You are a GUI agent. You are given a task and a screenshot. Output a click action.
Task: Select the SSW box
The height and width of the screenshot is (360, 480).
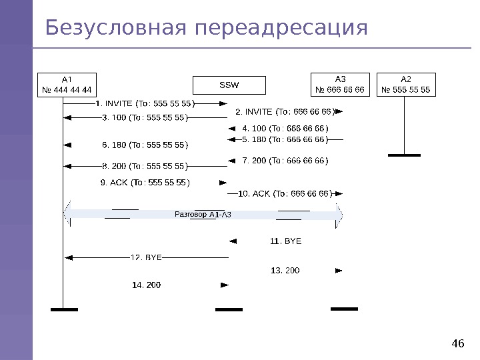pyautogui.click(x=229, y=85)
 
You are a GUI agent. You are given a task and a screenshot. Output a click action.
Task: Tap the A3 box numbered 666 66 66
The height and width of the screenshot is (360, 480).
pyautogui.click(x=340, y=84)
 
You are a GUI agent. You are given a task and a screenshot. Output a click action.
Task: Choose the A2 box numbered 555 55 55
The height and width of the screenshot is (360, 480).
pyautogui.click(x=405, y=84)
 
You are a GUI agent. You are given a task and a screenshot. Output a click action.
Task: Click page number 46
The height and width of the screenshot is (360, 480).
pyautogui.click(x=457, y=344)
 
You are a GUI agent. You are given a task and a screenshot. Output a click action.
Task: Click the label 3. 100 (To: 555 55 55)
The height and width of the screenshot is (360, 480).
pyautogui.click(x=145, y=118)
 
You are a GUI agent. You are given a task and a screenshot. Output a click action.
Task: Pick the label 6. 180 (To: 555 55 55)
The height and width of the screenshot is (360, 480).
pyautogui.click(x=145, y=145)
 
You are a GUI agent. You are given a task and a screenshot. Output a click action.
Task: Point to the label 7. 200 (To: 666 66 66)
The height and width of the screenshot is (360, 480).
pyautogui.click(x=285, y=161)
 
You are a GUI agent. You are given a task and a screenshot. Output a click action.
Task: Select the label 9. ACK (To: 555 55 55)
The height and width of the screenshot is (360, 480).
pyautogui.click(x=145, y=182)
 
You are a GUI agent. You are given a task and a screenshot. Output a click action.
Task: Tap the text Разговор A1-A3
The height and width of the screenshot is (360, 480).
pyautogui.click(x=203, y=215)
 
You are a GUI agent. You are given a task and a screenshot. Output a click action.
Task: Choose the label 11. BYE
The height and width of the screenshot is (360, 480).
pyautogui.click(x=285, y=241)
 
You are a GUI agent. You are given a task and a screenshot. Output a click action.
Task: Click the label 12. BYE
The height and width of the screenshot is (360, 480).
pyautogui.click(x=146, y=257)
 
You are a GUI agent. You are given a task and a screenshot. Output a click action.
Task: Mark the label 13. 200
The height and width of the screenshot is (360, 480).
pyautogui.click(x=285, y=270)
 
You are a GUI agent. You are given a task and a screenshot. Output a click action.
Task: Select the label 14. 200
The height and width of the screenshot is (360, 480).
pyautogui.click(x=147, y=285)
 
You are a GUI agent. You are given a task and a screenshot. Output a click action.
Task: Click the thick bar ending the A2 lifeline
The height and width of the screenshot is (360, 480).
pyautogui.click(x=404, y=155)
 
